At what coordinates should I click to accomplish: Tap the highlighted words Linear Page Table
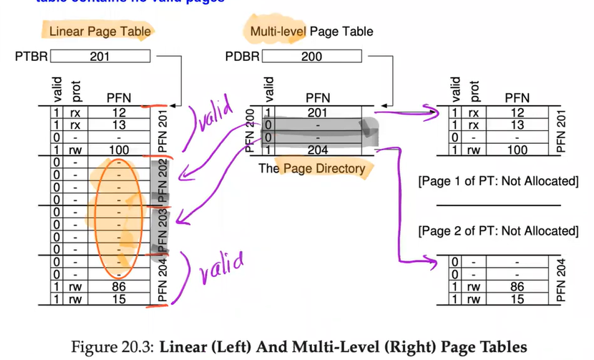click(99, 31)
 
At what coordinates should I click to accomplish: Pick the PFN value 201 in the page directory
click(317, 112)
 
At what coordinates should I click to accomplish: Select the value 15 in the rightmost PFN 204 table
click(515, 298)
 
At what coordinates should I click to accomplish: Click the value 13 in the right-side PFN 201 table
click(515, 125)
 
